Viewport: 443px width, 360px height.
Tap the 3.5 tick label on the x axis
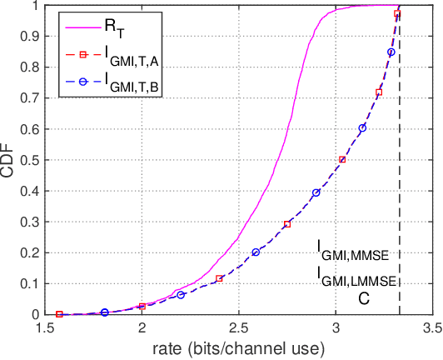[x=431, y=326]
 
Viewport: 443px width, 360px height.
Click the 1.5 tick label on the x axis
[x=47, y=326]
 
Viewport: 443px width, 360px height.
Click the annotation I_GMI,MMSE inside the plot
[x=358, y=251]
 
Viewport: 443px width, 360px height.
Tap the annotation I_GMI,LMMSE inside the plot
[x=358, y=275]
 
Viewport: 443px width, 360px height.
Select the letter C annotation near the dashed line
[x=364, y=297]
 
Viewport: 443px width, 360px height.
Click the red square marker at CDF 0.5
[x=342, y=159]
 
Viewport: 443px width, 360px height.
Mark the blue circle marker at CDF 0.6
[x=362, y=127]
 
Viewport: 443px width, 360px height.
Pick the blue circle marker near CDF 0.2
[x=256, y=252]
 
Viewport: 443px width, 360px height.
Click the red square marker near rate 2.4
[x=220, y=278]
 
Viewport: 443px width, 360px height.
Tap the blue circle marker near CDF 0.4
[x=316, y=192]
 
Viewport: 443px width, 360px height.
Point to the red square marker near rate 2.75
[x=287, y=224]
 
